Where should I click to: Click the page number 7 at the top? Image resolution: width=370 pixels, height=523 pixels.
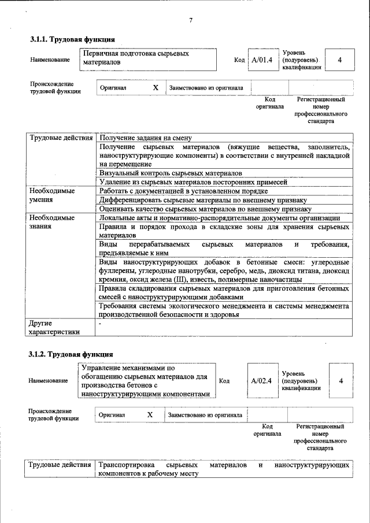pyautogui.click(x=191, y=21)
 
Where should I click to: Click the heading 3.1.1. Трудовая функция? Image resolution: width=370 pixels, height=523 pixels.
pyautogui.click(x=72, y=40)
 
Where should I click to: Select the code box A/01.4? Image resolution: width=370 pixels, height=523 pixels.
pyautogui.click(x=261, y=60)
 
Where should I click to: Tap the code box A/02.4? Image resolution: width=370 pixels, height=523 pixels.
pyautogui.click(x=261, y=380)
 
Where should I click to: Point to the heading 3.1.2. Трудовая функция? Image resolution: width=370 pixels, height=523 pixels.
pyautogui.click(x=72, y=354)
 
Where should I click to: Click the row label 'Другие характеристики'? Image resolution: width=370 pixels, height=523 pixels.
pyautogui.click(x=53, y=328)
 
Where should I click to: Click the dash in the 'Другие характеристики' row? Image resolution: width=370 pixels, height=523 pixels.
pyautogui.click(x=100, y=324)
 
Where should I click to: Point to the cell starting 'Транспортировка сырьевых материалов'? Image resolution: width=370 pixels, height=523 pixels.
pyautogui.click(x=224, y=469)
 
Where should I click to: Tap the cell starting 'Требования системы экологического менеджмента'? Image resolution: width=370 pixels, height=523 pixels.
pyautogui.click(x=224, y=310)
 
